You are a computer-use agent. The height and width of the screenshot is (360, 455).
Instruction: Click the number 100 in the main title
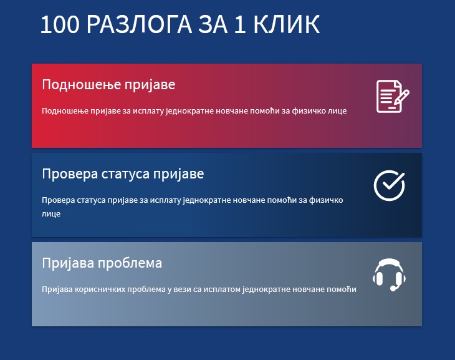tap(60, 24)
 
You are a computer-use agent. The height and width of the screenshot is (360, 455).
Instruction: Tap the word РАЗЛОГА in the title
tap(139, 24)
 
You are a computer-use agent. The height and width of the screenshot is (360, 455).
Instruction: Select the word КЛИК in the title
tap(287, 24)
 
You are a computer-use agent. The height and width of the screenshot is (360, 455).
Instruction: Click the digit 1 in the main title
tap(240, 24)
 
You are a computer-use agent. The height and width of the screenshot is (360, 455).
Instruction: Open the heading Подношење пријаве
tap(108, 85)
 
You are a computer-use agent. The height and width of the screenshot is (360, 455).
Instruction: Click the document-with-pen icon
tap(393, 96)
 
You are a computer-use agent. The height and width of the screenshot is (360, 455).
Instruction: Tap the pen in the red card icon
tap(401, 97)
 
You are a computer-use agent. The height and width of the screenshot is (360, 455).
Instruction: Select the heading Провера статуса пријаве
tap(123, 174)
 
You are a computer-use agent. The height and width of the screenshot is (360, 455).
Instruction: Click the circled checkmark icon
tap(389, 185)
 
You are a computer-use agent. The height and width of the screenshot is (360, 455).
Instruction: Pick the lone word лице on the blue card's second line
tap(51, 214)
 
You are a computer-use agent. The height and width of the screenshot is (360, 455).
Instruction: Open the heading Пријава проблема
tap(102, 263)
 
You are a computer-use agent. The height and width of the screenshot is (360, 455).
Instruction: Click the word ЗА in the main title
tap(213, 24)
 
